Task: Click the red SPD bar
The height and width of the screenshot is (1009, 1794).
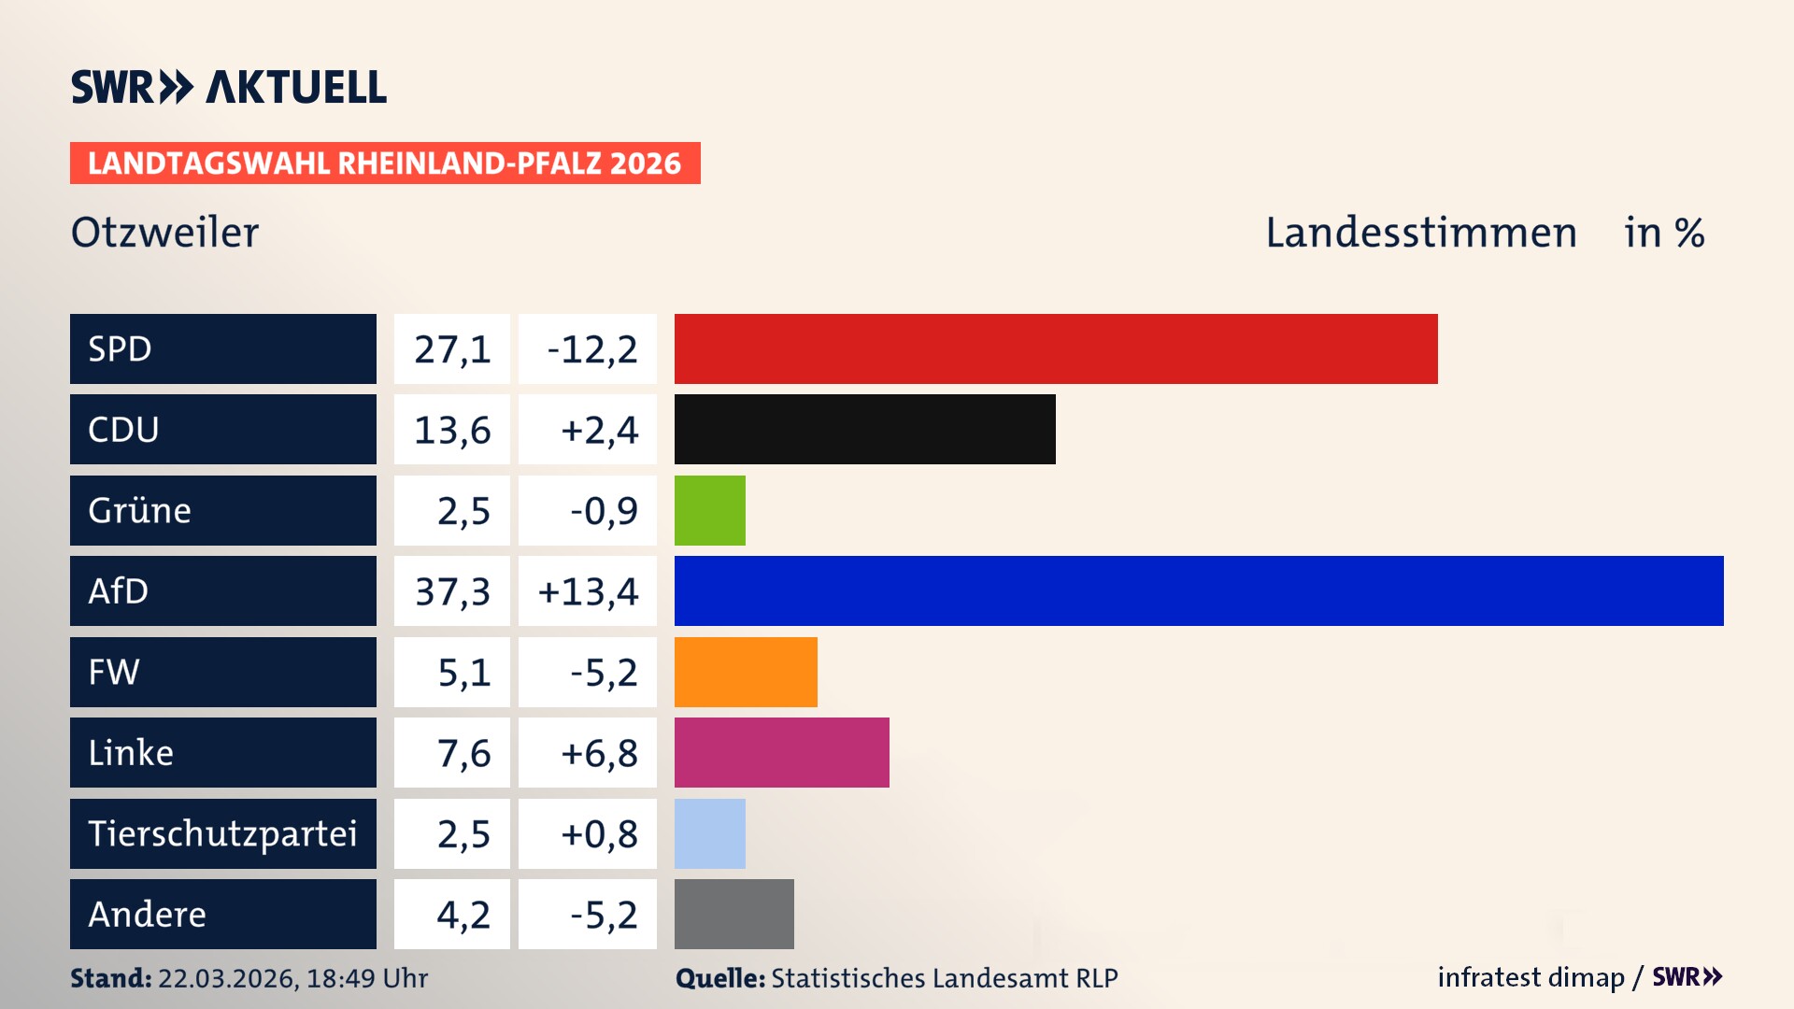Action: (1056, 348)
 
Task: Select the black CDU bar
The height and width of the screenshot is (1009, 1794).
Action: (864, 429)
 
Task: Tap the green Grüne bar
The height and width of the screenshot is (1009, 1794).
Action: (709, 510)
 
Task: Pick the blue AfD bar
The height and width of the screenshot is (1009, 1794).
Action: (1198, 590)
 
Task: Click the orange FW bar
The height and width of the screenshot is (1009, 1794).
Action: (746, 672)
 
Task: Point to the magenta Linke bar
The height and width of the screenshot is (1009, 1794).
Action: (781, 752)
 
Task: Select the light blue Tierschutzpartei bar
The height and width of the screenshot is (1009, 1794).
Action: (709, 833)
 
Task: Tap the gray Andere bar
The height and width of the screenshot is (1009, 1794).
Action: (733, 914)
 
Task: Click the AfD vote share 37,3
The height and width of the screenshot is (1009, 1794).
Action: (452, 591)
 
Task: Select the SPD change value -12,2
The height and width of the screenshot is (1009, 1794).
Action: (591, 349)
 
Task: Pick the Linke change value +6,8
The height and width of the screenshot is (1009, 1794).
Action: (599, 753)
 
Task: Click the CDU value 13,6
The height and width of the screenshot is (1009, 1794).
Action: (452, 430)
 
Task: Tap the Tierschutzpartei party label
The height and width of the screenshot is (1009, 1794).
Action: (222, 833)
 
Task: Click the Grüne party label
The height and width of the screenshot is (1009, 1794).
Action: (140, 510)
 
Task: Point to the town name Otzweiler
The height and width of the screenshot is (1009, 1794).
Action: (164, 233)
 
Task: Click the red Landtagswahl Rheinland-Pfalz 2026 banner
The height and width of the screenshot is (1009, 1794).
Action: (385, 163)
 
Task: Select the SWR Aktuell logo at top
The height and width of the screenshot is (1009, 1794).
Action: (229, 87)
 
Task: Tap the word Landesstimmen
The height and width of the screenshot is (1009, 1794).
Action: (1420, 233)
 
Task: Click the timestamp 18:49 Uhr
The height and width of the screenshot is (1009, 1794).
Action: (366, 978)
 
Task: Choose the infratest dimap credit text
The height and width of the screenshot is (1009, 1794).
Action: (1531, 977)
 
